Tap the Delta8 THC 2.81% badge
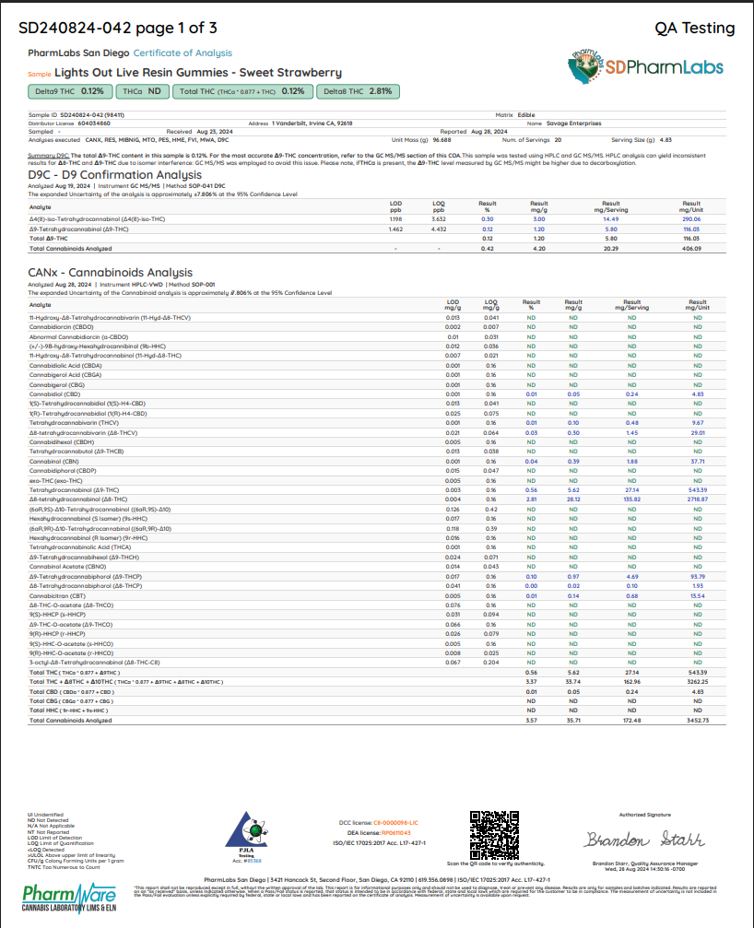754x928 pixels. [358, 91]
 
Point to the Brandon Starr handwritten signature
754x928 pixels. [644, 840]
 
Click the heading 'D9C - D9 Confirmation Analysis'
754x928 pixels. [115, 174]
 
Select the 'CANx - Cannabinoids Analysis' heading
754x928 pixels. [111, 273]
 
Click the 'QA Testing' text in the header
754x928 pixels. [694, 29]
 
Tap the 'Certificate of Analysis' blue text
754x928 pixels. [183, 53]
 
